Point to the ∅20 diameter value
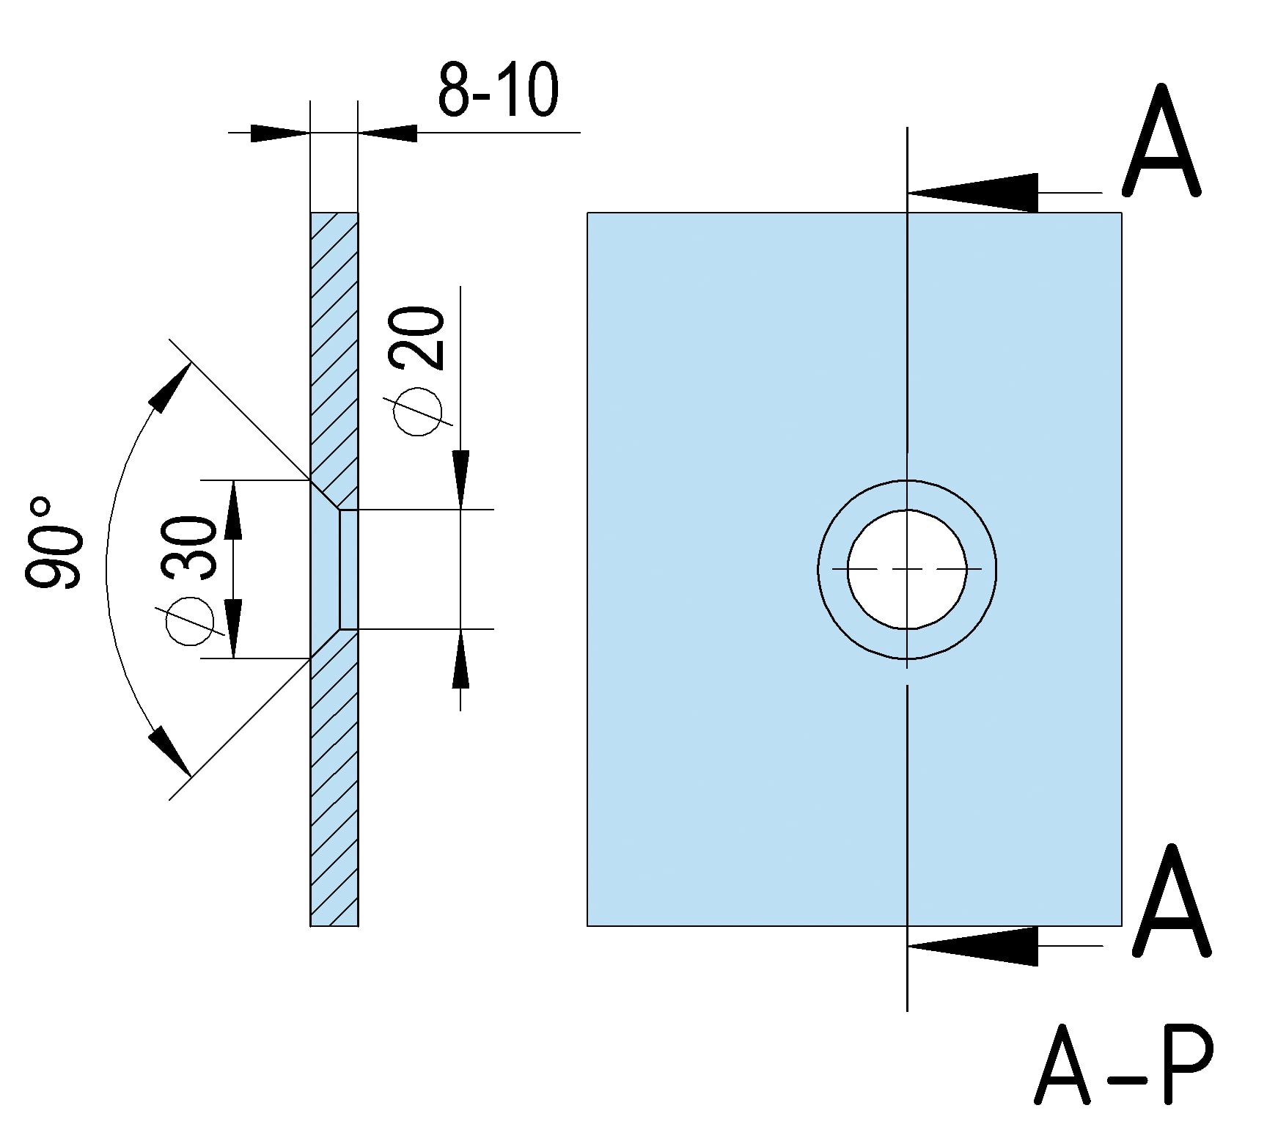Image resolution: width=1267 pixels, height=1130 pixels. [419, 339]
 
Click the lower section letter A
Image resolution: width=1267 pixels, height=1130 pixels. [1171, 901]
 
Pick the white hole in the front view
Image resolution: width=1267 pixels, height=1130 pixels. [907, 569]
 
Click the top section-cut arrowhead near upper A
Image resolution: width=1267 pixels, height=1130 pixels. [975, 193]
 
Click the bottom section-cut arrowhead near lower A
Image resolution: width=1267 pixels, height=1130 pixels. [975, 946]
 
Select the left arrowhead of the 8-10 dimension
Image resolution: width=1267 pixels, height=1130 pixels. [279, 133]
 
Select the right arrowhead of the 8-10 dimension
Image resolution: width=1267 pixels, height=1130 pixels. [389, 133]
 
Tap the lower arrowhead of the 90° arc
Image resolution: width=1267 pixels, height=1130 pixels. [169, 751]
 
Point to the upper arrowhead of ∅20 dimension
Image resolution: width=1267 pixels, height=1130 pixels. [460, 477]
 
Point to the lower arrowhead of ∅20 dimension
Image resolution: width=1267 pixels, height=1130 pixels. [460, 660]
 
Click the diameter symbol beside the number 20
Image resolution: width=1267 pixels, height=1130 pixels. [419, 411]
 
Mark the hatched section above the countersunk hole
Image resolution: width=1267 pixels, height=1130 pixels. [334, 345]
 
